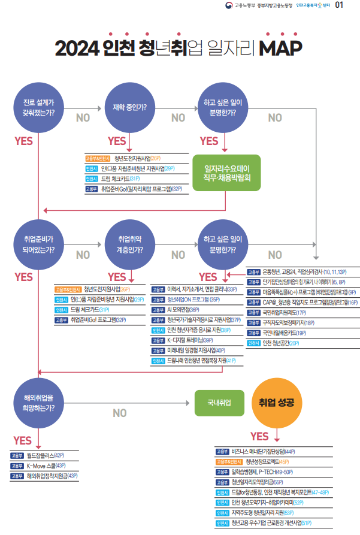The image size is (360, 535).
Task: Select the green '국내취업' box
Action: pyautogui.click(x=219, y=403)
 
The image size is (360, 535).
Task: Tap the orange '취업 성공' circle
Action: pyautogui.click(x=276, y=403)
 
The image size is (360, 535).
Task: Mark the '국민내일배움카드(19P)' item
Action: pyautogui.click(x=284, y=333)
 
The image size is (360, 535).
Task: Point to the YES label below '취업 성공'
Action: pyautogui.click(x=260, y=436)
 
